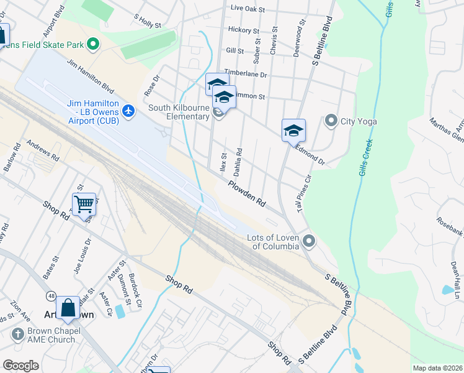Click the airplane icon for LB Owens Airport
128,111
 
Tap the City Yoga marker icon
331,121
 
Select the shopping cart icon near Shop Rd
84,203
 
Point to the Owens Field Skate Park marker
93,44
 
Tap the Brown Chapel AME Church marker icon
17,334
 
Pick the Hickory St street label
243,30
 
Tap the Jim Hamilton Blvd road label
91,76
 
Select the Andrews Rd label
42,149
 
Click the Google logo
20,366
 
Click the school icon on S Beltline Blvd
293,131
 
